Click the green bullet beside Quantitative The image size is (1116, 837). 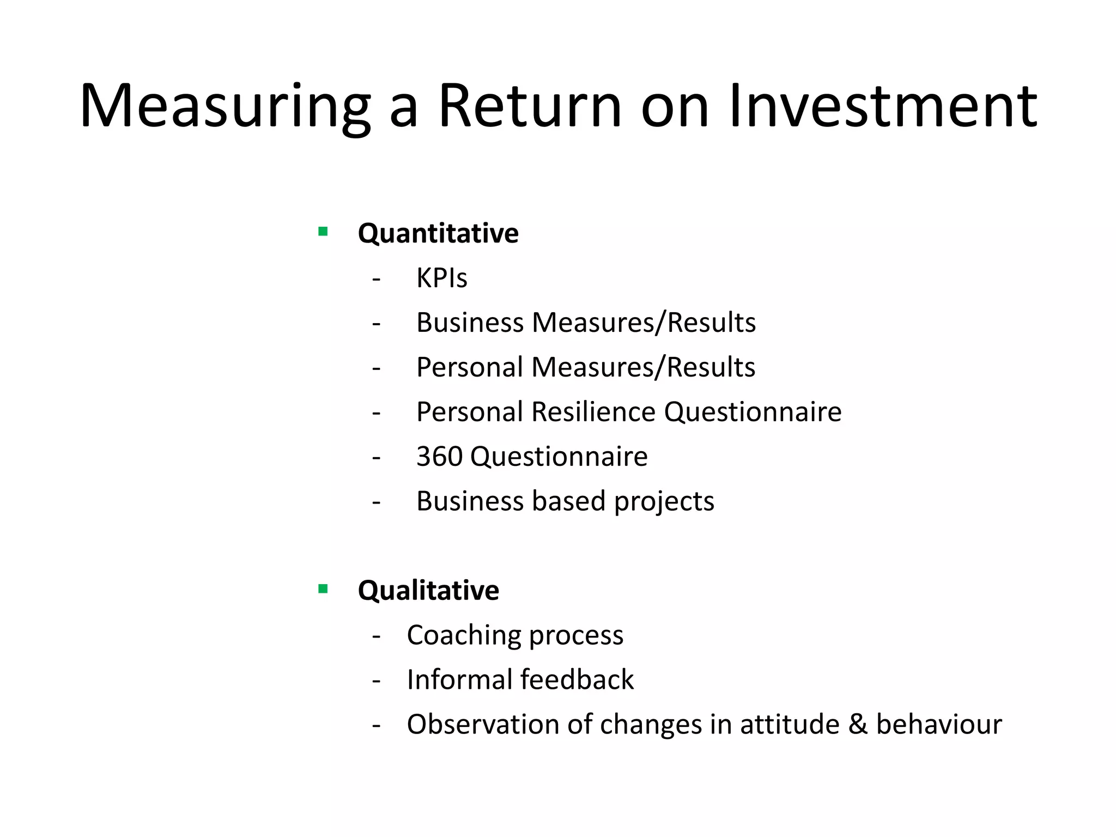[323, 232]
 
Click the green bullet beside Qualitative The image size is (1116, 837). [323, 589]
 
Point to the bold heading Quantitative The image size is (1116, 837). [438, 233]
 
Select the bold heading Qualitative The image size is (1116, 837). [428, 591]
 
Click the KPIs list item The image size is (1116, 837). [441, 278]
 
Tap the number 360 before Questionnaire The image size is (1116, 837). [439, 457]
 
